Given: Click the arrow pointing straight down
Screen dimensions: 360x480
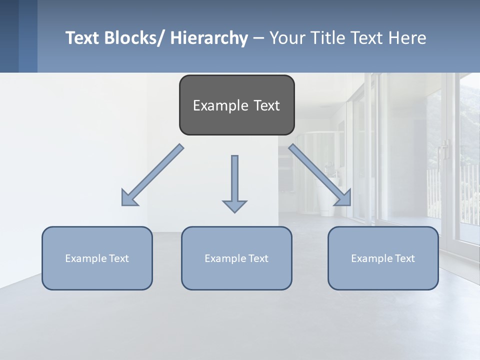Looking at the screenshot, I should coord(234,180).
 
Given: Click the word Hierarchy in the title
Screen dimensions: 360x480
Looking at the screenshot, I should coord(209,38).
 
